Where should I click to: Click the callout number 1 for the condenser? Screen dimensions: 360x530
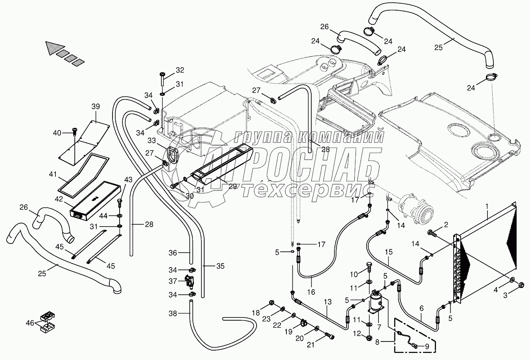(x=487, y=206)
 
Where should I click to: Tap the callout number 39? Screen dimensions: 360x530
(x=96, y=107)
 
